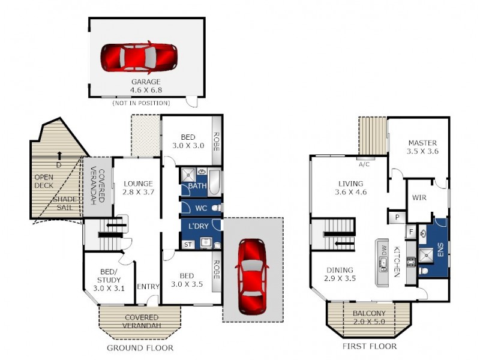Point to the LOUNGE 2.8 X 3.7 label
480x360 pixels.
pos(138,188)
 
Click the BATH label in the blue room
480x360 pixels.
pos(197,186)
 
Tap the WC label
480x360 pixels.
pos(200,208)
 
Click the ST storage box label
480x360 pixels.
pos(187,244)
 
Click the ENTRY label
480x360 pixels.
pos(148,287)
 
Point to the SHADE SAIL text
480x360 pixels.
pos(64,203)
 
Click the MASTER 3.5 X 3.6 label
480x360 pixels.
pos(422,147)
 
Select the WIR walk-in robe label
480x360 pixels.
pos(418,197)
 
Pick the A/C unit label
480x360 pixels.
pos(363,164)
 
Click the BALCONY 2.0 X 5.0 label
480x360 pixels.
pos(368,317)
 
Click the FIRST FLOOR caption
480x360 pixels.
pos(369,347)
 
